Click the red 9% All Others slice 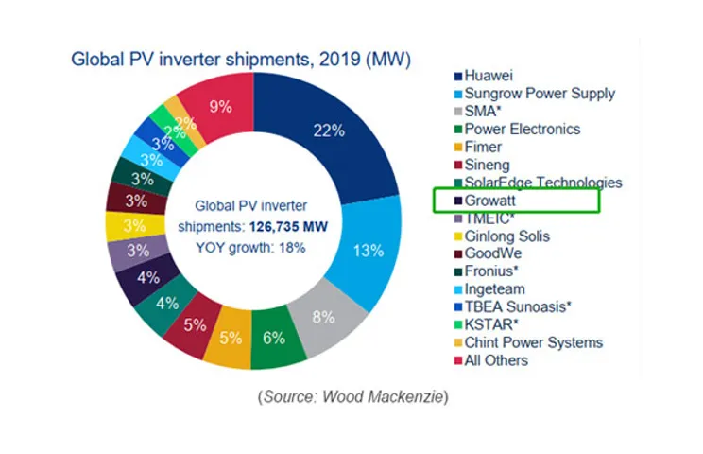click(x=220, y=106)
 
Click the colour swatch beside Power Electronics click(x=458, y=130)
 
